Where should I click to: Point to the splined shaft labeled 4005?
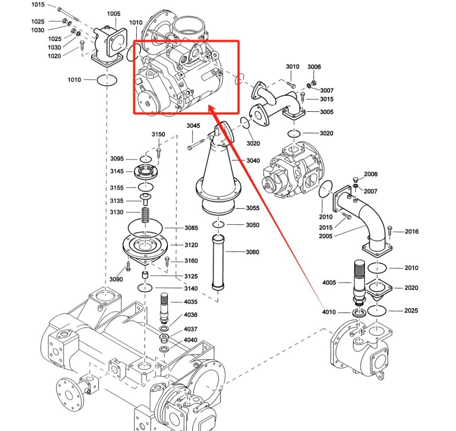pos(360,281)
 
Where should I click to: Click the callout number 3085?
pos(191,228)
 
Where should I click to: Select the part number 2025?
pos(411,310)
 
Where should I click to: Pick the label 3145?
pos(117,171)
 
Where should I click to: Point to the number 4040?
pos(191,340)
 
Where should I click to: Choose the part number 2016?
pos(412,232)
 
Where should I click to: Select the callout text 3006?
pos(314,67)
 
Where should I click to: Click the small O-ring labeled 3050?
pos(218,224)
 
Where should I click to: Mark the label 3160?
pos(191,261)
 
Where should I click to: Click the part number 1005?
pos(114,14)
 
